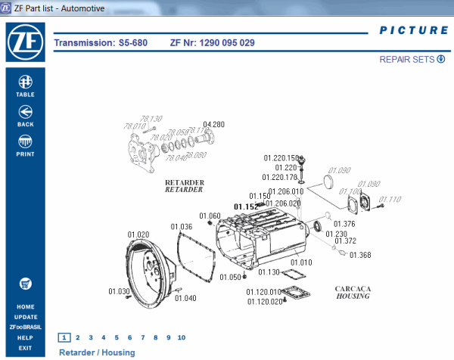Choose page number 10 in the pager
pyautogui.click(x=181, y=337)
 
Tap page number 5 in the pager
pyautogui.click(x=117, y=337)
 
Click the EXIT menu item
pyautogui.click(x=25, y=348)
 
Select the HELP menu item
pyautogui.click(x=25, y=337)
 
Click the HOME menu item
pyautogui.click(x=25, y=306)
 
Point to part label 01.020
pyautogui.click(x=138, y=235)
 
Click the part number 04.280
pyautogui.click(x=213, y=124)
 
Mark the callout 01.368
pyautogui.click(x=360, y=255)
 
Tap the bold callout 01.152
pyautogui.click(x=246, y=206)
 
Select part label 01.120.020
pyautogui.click(x=265, y=301)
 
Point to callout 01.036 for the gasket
pyautogui.click(x=181, y=226)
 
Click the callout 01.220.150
pyautogui.click(x=281, y=158)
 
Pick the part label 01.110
pyautogui.click(x=390, y=200)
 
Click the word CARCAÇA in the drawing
pyautogui.click(x=352, y=288)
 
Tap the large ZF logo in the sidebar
pyautogui.click(x=25, y=44)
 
